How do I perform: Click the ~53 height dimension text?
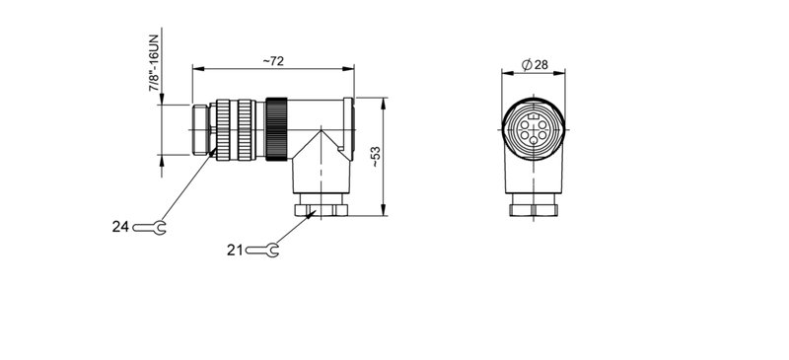375,156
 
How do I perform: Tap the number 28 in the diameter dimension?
541,64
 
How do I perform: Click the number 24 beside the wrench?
120,227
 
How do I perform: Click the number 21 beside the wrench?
235,251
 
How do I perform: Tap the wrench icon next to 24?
149,228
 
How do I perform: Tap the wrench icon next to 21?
263,251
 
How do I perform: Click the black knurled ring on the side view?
275,127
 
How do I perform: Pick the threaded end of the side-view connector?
201,127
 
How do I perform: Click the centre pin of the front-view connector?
533,129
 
